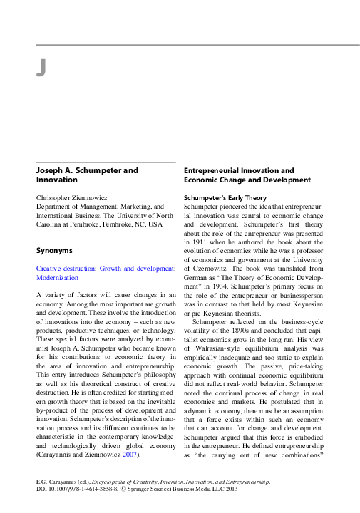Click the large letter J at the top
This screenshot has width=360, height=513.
click(41, 68)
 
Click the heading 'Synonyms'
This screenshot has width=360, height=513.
click(55, 250)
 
